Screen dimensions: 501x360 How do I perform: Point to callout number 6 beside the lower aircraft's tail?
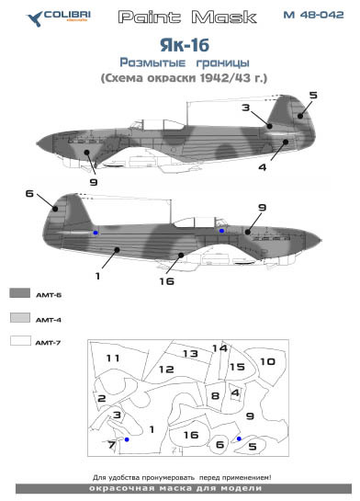pos(29,194)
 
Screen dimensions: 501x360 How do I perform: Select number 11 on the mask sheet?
pos(113,357)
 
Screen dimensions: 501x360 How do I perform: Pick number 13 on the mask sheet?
pos(190,354)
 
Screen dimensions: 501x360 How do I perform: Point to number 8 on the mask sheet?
pos(215,396)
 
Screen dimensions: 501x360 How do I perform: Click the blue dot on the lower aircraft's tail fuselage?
pos(96,233)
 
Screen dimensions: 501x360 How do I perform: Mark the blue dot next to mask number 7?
pos(127,440)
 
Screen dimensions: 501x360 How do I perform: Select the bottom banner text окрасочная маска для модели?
pos(180,491)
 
